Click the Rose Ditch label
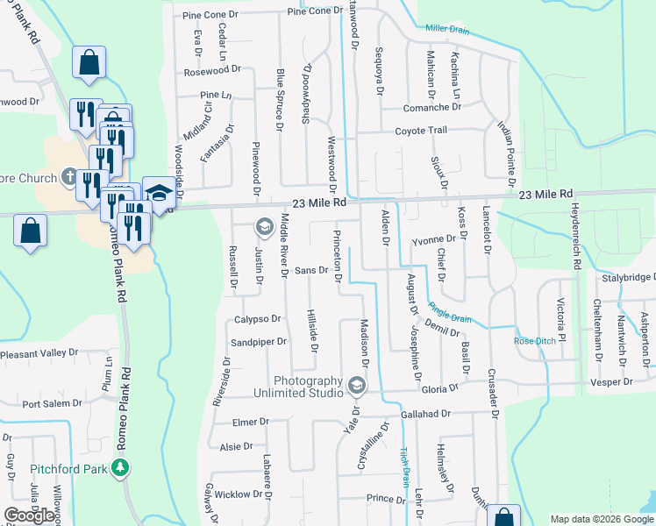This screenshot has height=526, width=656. click(x=535, y=340)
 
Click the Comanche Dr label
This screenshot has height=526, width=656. click(x=431, y=107)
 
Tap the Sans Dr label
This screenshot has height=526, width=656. click(x=310, y=270)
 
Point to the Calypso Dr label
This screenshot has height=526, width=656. click(x=257, y=319)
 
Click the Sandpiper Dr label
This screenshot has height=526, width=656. click(x=258, y=342)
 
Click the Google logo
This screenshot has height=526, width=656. click(x=29, y=515)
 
